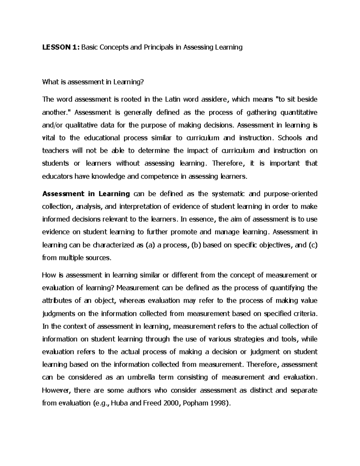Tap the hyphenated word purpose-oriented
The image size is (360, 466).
[x=290, y=194]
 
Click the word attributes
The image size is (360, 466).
[x=57, y=301]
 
